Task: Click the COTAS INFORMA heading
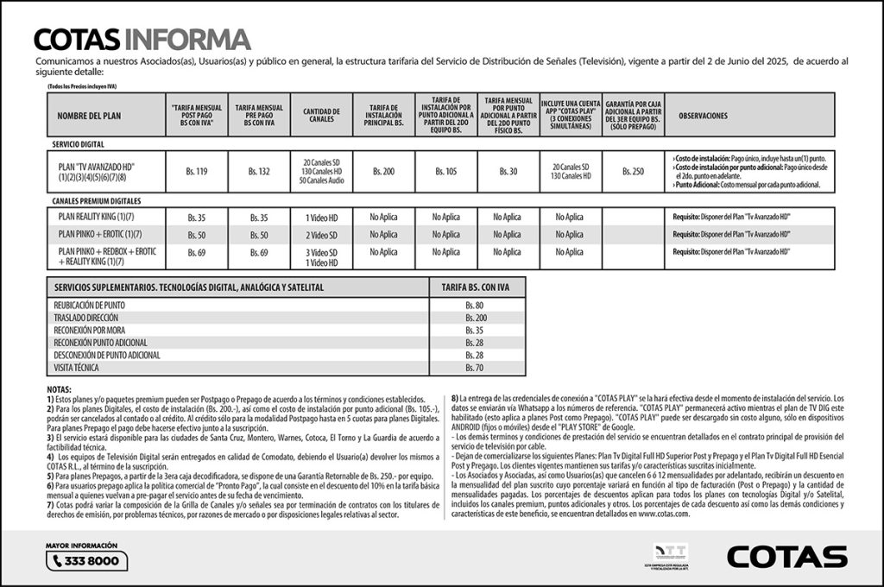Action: [x=142, y=39]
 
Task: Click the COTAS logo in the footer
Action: [x=786, y=557]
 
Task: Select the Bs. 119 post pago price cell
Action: [x=197, y=172]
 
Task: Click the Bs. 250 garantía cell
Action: [x=633, y=172]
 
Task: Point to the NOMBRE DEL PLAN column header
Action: [x=85, y=115]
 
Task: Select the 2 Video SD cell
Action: [x=320, y=235]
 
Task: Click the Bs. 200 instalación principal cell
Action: [x=383, y=172]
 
